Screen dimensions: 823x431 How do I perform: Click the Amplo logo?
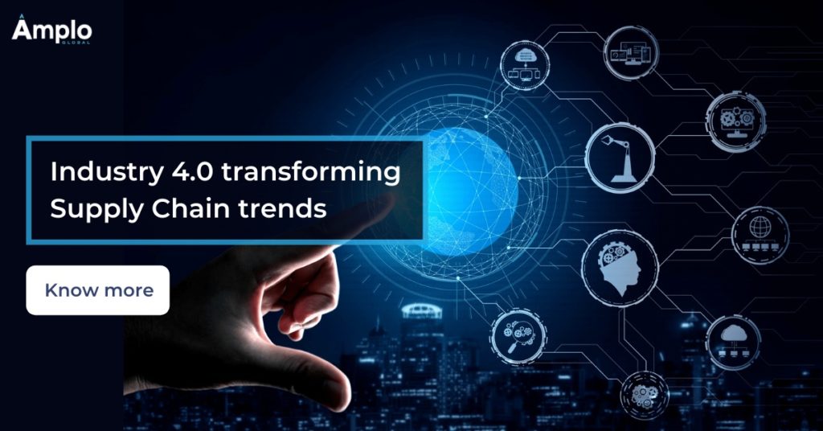[51, 31]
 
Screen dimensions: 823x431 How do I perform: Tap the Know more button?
[97, 290]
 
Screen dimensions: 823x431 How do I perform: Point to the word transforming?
[311, 173]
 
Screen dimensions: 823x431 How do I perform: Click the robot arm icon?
[620, 158]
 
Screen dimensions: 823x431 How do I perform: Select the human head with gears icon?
[620, 269]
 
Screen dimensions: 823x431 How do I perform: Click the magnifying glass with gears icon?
[518, 336]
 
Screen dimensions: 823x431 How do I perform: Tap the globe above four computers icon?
[760, 235]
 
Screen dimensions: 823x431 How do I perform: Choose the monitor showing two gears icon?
[735, 122]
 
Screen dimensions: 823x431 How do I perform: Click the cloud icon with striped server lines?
[524, 66]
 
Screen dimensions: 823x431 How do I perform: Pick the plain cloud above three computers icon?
[733, 342]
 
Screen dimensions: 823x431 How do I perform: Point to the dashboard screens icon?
[631, 52]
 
